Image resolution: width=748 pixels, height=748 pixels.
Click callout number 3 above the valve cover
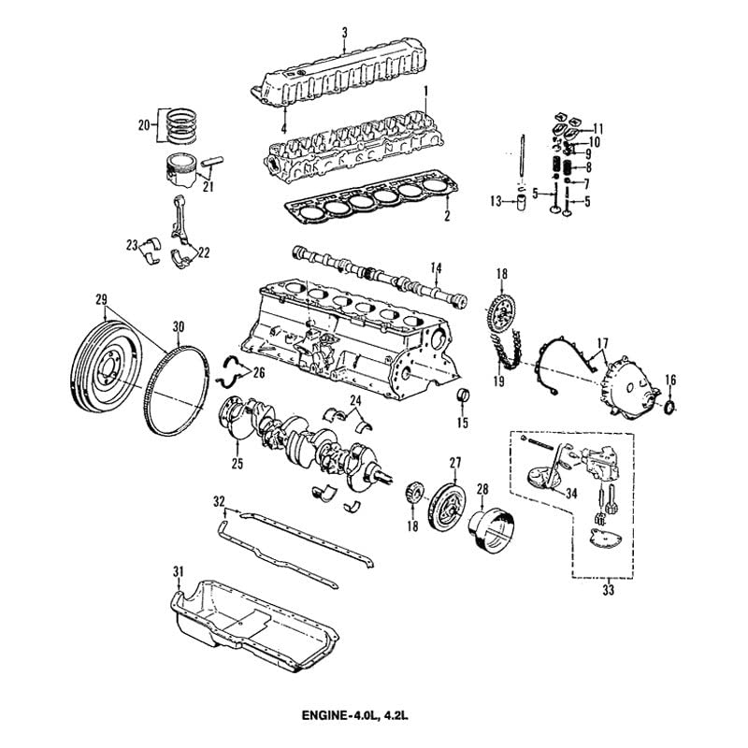click(344, 34)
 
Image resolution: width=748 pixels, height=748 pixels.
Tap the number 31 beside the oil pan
click(178, 570)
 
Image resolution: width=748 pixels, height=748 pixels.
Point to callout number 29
click(101, 299)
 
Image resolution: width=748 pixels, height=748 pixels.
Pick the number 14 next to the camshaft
click(435, 268)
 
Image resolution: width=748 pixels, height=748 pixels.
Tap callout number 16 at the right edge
click(669, 378)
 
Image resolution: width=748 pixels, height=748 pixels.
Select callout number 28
click(482, 487)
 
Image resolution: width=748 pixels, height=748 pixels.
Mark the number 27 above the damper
click(455, 462)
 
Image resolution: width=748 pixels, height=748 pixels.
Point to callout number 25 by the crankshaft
click(237, 462)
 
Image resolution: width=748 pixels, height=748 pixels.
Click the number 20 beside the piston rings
click(143, 123)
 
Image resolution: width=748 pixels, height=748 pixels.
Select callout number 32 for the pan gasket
click(219, 501)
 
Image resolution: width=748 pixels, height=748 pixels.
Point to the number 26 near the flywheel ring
click(259, 371)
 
